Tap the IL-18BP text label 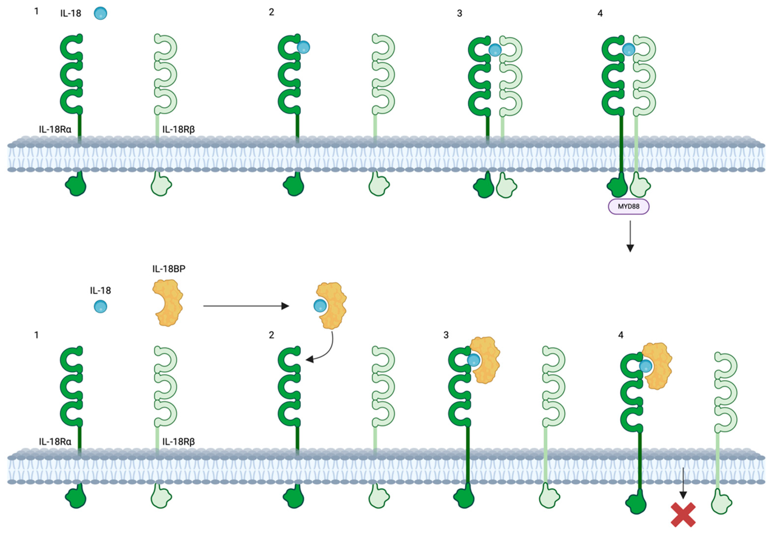click(x=169, y=269)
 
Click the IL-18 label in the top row click(x=70, y=13)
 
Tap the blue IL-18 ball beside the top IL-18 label click(x=100, y=13)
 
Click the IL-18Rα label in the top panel click(x=55, y=129)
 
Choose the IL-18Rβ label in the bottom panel click(x=178, y=441)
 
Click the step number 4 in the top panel click(x=600, y=13)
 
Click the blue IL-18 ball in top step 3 click(x=495, y=50)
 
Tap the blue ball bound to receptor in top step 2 click(x=303, y=47)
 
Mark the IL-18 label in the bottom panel click(x=100, y=291)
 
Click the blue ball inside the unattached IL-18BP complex click(x=320, y=306)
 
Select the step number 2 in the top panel click(x=271, y=12)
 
